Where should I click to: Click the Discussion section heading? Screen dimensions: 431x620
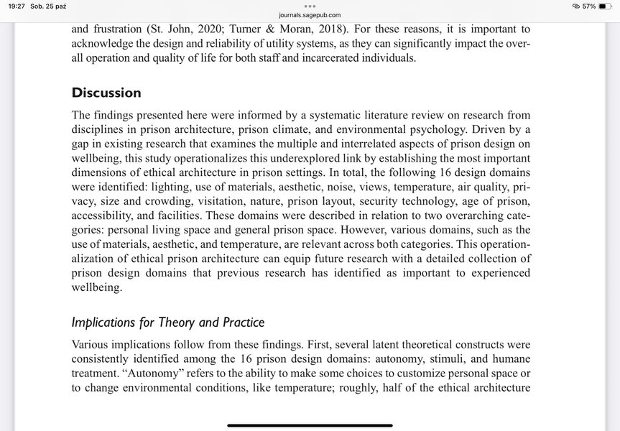click(x=106, y=93)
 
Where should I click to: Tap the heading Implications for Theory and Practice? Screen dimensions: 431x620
click(x=167, y=323)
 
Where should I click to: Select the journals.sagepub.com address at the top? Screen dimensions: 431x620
click(x=310, y=14)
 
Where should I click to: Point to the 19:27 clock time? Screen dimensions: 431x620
click(x=16, y=6)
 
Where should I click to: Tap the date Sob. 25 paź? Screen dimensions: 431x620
click(x=49, y=6)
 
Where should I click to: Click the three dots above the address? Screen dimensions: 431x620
click(x=310, y=5)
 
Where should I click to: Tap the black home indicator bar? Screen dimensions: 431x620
click(x=310, y=425)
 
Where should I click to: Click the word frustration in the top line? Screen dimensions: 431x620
click(x=119, y=29)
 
